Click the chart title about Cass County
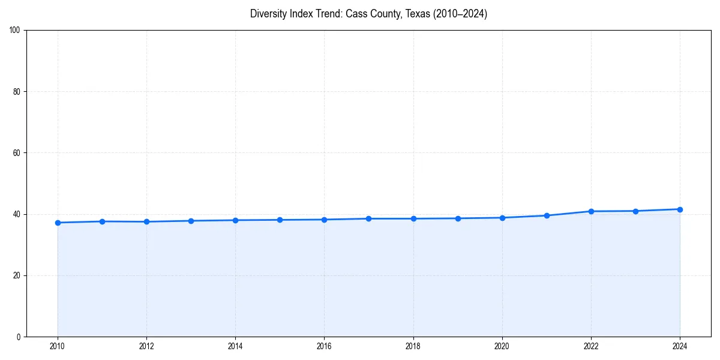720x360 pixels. point(368,14)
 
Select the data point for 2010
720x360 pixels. point(58,223)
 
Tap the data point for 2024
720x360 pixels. point(680,209)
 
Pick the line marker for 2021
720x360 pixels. point(547,215)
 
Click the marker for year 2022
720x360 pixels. point(591,211)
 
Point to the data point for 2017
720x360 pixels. point(368,218)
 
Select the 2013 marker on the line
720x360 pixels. point(191,221)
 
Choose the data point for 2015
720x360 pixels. point(280,220)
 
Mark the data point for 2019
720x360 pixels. point(458,218)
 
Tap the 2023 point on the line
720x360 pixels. point(635,211)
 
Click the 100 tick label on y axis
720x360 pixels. point(15,30)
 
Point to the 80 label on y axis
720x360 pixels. point(17,92)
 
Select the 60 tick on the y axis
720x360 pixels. point(17,153)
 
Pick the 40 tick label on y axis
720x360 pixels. point(17,214)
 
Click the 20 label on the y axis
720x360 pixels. point(17,275)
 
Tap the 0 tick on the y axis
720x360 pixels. point(19,337)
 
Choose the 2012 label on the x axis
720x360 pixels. point(146,346)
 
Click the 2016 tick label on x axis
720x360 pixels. point(324,346)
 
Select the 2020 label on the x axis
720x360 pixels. point(502,346)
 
